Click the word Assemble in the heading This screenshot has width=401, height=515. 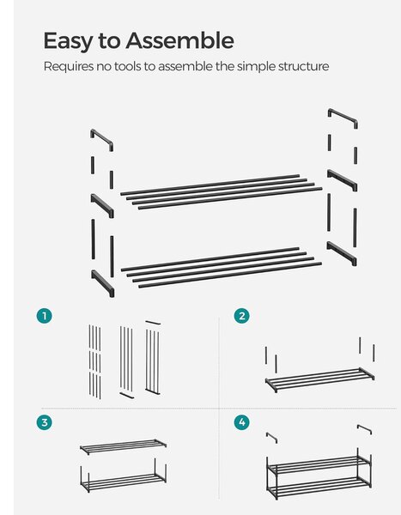pyautogui.click(x=179, y=40)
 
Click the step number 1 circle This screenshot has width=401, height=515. pyautogui.click(x=45, y=316)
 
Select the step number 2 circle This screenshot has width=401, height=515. pyautogui.click(x=242, y=316)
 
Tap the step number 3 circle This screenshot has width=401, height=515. pyautogui.click(x=45, y=422)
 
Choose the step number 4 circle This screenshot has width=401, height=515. pyautogui.click(x=242, y=422)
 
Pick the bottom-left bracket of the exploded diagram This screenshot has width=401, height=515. pyautogui.click(x=102, y=282)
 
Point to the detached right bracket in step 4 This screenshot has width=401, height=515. pyautogui.click(x=365, y=428)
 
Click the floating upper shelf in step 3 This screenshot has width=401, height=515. pyautogui.click(x=124, y=446)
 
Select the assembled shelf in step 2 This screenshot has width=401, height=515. pyautogui.click(x=319, y=379)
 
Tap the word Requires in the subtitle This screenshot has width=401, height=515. pyautogui.click(x=69, y=67)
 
